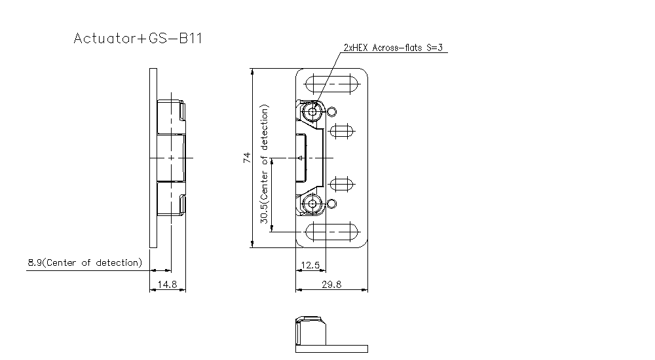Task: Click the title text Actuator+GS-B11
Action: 138,39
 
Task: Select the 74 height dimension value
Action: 247,158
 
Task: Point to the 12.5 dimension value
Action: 309,265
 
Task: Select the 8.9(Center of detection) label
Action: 84,262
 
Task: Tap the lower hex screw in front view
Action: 312,204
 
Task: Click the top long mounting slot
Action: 331,85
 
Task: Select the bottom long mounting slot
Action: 331,231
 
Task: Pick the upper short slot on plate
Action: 341,131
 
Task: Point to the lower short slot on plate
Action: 341,185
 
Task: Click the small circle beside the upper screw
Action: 331,111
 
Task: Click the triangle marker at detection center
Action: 299,158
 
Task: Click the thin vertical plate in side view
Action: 153,158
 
